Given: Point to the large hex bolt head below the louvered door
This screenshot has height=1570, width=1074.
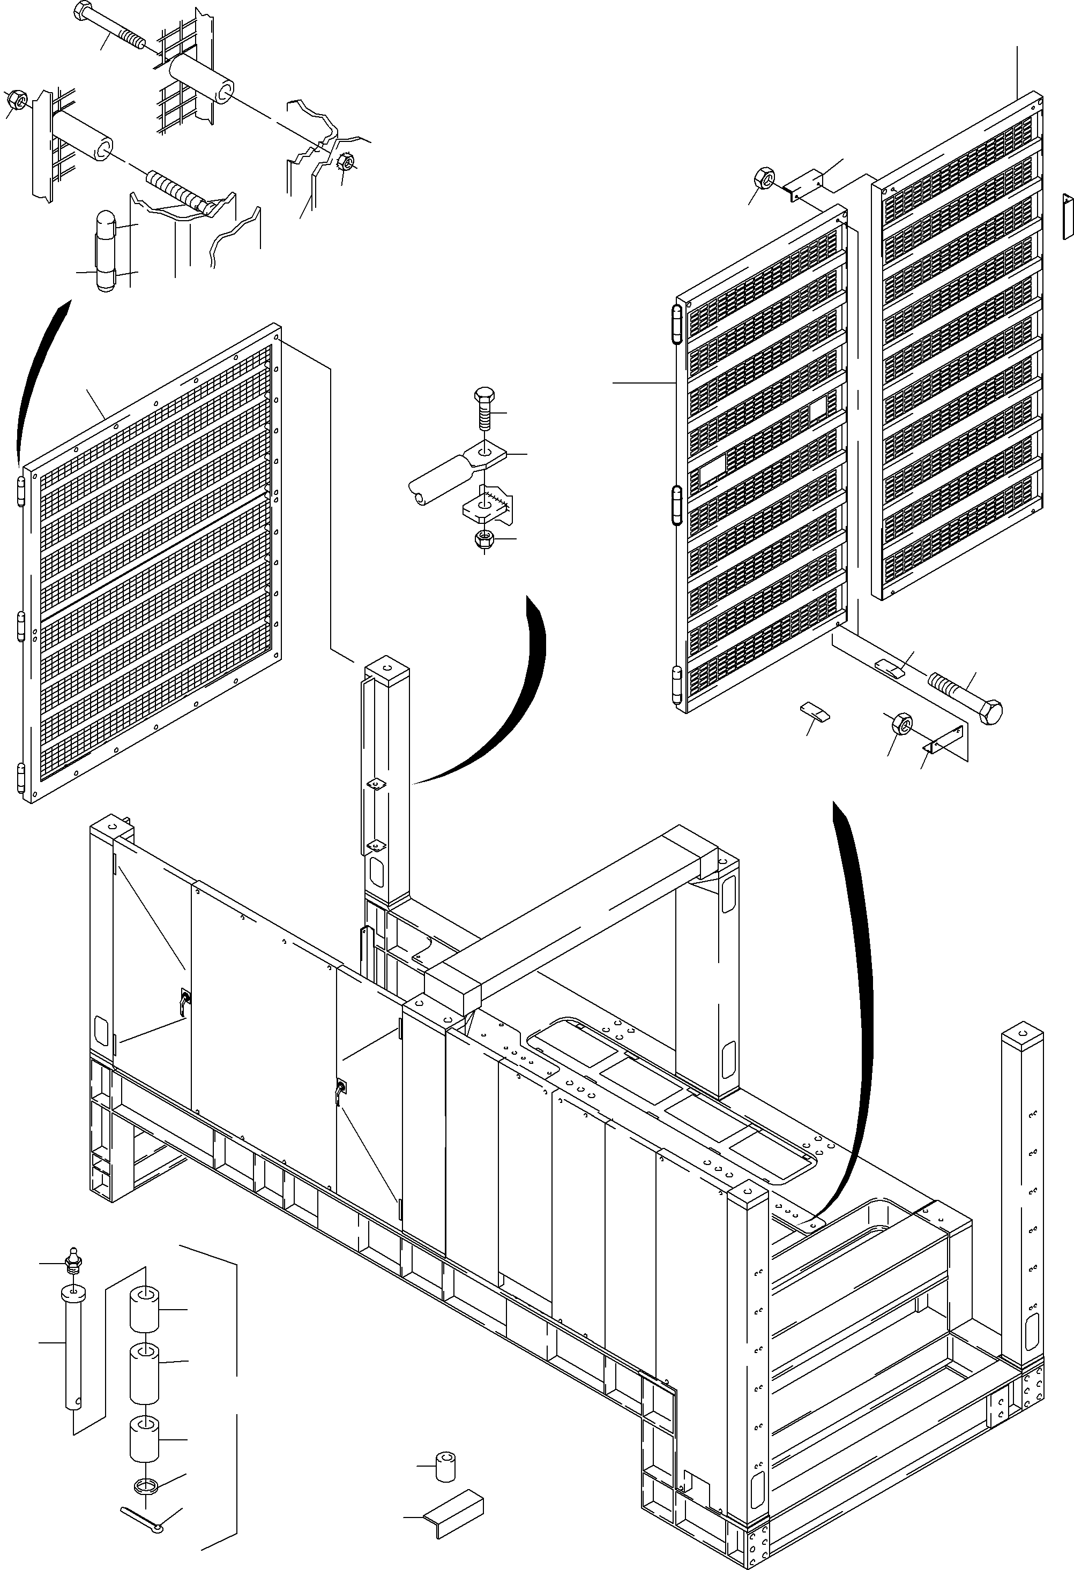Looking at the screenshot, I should coord(991,712).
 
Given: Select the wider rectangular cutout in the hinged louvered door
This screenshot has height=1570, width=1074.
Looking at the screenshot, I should coord(711,468).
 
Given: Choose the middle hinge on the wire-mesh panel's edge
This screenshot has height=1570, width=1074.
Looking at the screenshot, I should coord(20,625).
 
